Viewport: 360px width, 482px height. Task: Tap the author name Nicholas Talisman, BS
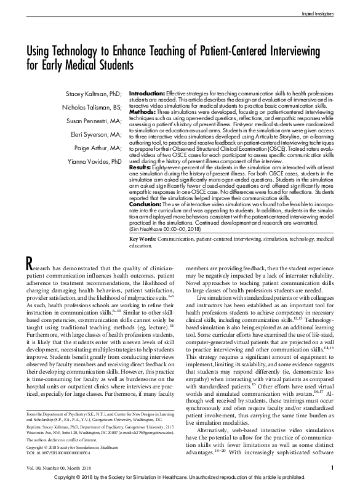tap(90, 108)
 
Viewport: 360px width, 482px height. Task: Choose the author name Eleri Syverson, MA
tap(94, 137)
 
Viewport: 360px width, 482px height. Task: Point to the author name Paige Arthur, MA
tap(97, 151)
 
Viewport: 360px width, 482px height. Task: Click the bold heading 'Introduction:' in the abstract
tap(149, 90)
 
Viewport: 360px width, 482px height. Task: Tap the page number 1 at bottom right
tap(331, 467)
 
